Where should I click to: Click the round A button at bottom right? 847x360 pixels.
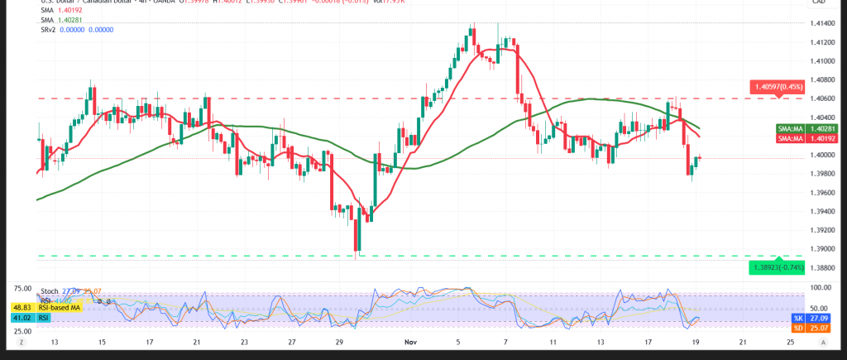coord(832,342)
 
